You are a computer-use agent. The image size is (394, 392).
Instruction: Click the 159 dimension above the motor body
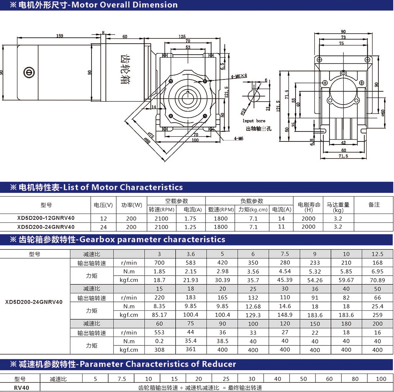(x=60, y=35)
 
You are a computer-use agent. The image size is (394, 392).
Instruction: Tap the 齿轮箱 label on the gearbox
(x=126, y=69)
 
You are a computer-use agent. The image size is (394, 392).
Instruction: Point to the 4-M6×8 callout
(x=239, y=76)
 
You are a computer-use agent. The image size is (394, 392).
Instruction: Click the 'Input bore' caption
(x=254, y=121)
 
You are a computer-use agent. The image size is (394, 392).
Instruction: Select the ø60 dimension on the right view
(x=383, y=113)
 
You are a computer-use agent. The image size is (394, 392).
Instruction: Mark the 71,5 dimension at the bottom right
(x=343, y=156)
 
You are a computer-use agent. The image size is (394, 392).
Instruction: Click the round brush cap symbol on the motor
(x=29, y=72)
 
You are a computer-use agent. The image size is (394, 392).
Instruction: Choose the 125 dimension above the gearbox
(x=182, y=36)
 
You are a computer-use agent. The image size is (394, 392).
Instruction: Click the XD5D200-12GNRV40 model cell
(x=46, y=218)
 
